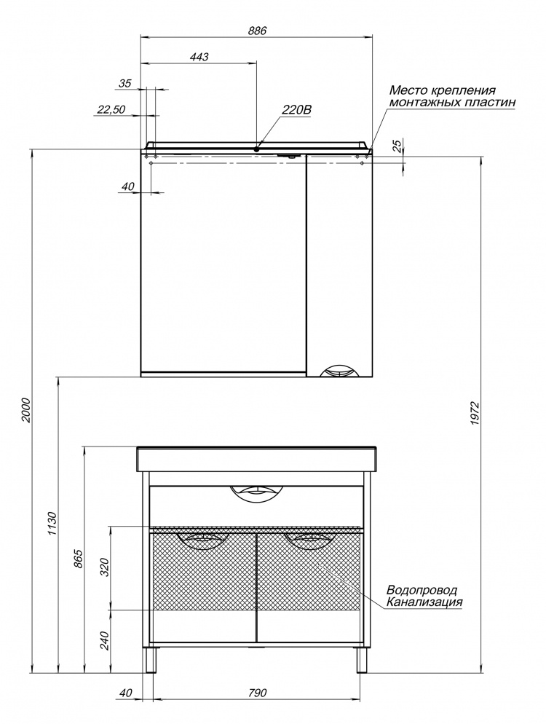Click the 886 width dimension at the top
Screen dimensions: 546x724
pyautogui.click(x=257, y=31)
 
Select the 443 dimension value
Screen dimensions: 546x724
pyautogui.click(x=199, y=57)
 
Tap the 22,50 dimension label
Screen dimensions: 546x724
pyautogui.click(x=111, y=110)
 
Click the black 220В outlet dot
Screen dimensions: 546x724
pyautogui.click(x=256, y=149)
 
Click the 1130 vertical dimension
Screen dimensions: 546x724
pyautogui.click(x=52, y=523)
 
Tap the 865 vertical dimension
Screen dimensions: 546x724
pyautogui.click(x=79, y=559)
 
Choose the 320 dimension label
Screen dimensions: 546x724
pyautogui.click(x=105, y=567)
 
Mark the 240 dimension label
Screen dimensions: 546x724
pyautogui.click(x=105, y=640)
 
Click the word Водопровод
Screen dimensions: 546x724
pyautogui.click(x=422, y=590)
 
